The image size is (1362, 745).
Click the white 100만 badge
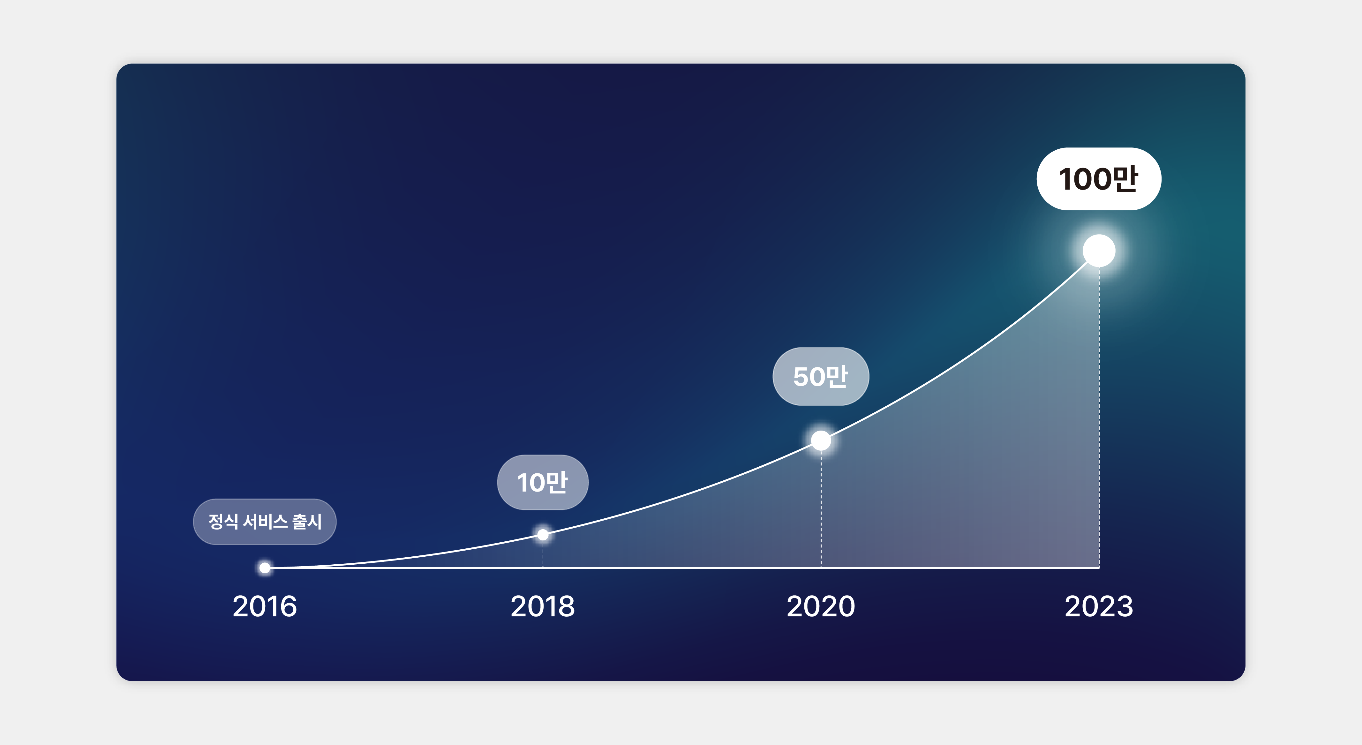click(1099, 179)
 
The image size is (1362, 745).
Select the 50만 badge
click(821, 376)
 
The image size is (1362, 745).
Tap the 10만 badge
click(543, 482)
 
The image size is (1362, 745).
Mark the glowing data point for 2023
click(1099, 251)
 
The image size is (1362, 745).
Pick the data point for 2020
click(821, 440)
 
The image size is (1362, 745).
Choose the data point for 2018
click(543, 535)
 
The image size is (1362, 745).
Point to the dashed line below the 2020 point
click(821, 508)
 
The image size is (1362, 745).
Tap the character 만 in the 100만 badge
click(1125, 179)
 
